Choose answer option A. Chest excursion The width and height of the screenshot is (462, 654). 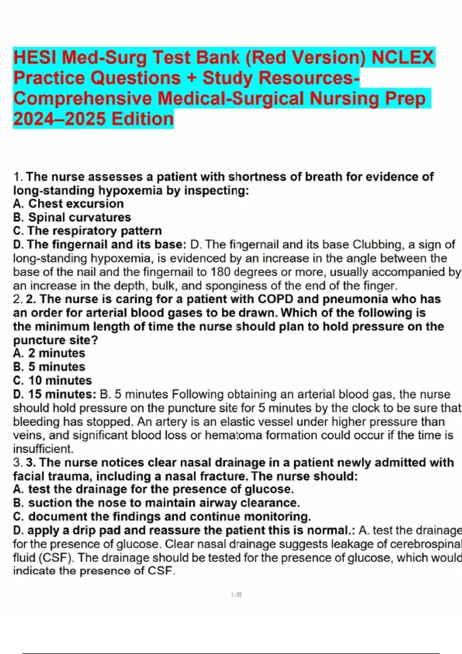click(69, 204)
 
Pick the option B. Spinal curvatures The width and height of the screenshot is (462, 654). click(72, 217)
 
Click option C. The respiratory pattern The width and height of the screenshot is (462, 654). click(87, 231)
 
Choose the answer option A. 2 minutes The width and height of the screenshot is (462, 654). click(49, 353)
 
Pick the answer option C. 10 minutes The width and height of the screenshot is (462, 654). click(52, 380)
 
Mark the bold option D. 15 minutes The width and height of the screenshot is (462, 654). click(54, 394)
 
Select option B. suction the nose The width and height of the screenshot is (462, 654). click(156, 503)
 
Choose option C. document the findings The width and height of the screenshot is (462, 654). click(162, 516)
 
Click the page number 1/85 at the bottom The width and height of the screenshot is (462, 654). click(236, 595)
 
